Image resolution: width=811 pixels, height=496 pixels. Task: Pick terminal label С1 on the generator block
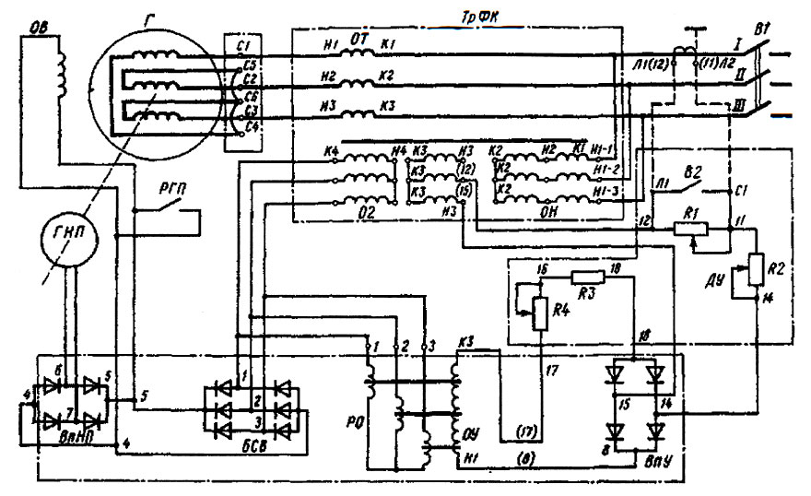pyautogui.click(x=241, y=43)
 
